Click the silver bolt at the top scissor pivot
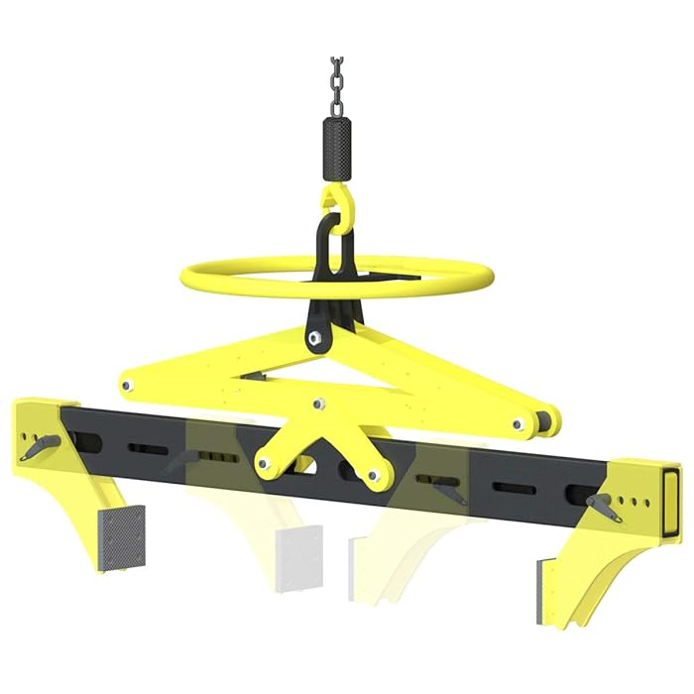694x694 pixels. pos(315,338)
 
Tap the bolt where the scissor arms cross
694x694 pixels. pos(318,404)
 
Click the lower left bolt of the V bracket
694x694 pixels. pos(264,462)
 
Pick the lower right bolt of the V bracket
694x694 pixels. pos(375,477)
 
